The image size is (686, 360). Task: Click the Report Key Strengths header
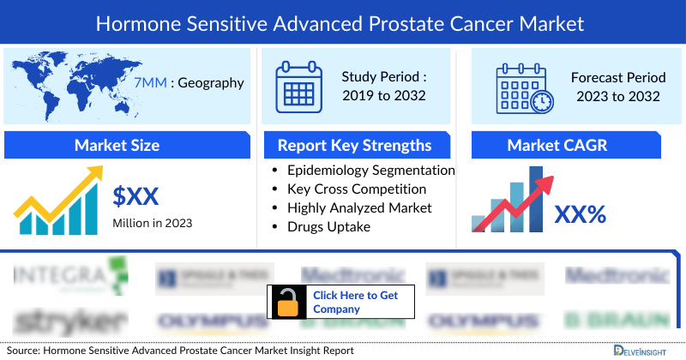pos(353,145)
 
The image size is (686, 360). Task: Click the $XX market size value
pos(136,196)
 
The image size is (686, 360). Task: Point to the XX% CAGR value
pos(580,213)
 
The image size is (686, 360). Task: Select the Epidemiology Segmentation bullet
pos(370,171)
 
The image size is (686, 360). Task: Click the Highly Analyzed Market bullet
pos(359,207)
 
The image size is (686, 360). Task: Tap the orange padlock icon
pos(287,302)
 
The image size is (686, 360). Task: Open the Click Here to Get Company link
pos(354,302)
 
